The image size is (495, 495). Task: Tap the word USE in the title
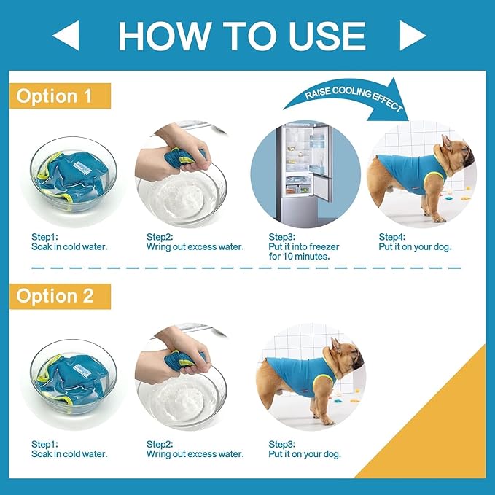click(327, 36)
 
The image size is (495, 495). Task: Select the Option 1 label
click(60, 96)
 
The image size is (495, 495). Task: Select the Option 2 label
click(60, 296)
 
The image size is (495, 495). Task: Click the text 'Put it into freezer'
click(304, 246)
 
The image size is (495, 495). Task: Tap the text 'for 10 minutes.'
click(300, 257)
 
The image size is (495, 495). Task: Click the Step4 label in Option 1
click(391, 237)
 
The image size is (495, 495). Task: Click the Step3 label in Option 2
click(281, 444)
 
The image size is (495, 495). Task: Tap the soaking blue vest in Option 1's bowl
click(72, 176)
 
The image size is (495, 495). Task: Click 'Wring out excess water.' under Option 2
click(195, 454)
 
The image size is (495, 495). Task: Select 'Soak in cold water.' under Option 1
click(69, 246)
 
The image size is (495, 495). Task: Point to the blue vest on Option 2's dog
click(300, 375)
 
